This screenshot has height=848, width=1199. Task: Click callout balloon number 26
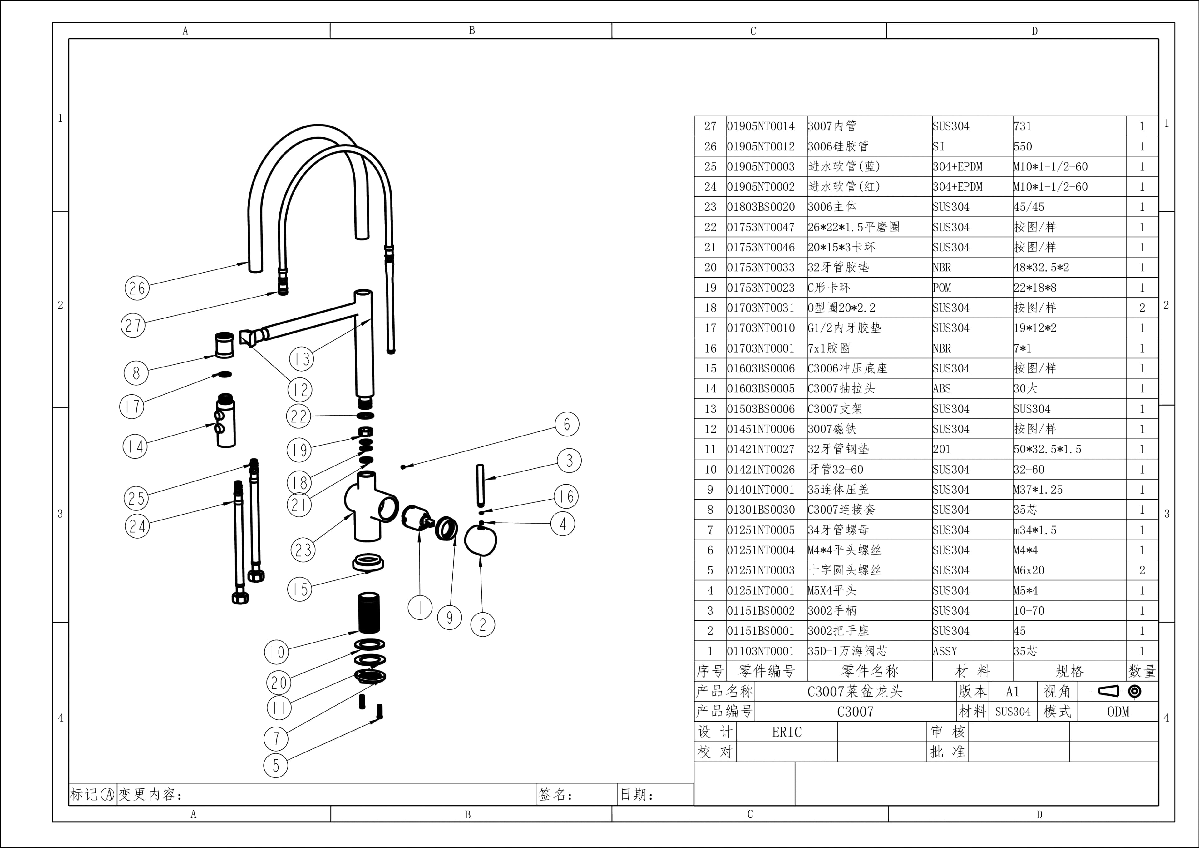(137, 288)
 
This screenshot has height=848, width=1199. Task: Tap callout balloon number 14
(135, 446)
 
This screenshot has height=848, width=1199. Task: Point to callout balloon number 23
(303, 550)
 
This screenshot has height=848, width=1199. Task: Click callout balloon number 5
(276, 766)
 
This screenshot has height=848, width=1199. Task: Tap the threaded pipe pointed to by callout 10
(369, 612)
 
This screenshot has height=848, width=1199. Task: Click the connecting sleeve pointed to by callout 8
(225, 345)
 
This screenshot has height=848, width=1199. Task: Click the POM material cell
(942, 288)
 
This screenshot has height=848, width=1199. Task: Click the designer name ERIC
(787, 732)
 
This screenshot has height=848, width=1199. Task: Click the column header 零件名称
(870, 671)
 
